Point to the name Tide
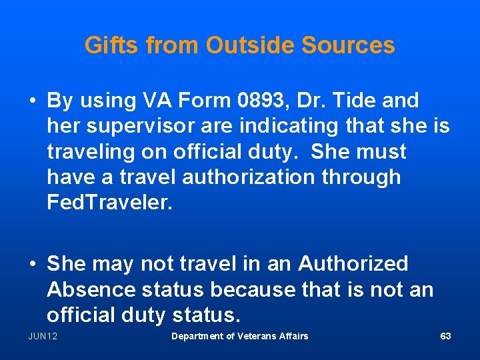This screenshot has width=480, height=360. click(x=353, y=101)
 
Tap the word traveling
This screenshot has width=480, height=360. click(x=91, y=152)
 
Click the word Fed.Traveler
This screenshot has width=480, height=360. click(x=109, y=203)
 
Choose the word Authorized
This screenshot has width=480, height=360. click(x=353, y=263)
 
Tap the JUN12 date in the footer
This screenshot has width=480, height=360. click(x=43, y=336)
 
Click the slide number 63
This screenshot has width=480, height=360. click(x=445, y=336)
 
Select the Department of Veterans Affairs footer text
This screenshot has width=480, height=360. click(x=239, y=336)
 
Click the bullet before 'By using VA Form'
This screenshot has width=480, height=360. click(x=33, y=101)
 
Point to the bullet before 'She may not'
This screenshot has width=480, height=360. click(x=33, y=264)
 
